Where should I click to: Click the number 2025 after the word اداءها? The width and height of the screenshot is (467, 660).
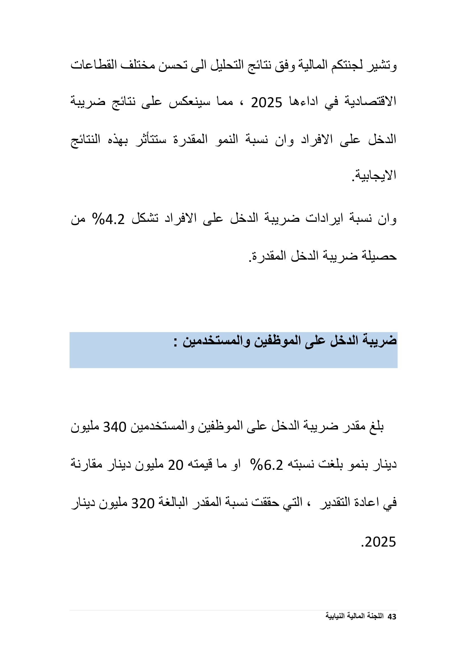[x=266, y=103]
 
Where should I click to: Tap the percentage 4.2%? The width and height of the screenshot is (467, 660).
[x=108, y=220]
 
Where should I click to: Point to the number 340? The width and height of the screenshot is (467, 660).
[x=115, y=427]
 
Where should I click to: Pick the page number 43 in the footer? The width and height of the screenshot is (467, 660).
[x=392, y=617]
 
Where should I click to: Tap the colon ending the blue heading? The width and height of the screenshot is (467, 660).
[x=175, y=342]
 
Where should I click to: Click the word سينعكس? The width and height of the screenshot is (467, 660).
[x=189, y=102]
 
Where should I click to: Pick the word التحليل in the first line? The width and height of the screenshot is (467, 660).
[x=227, y=65]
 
